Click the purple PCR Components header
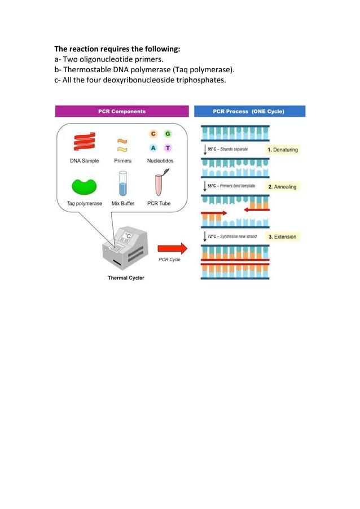click(x=122, y=112)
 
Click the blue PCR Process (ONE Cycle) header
click(x=249, y=112)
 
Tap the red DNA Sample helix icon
click(x=84, y=142)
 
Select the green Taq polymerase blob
click(x=84, y=186)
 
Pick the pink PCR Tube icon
click(x=160, y=184)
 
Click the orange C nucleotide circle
click(x=152, y=134)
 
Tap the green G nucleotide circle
click(x=168, y=134)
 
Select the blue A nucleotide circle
click(x=152, y=148)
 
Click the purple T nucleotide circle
click(x=168, y=148)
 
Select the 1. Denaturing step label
click(x=283, y=150)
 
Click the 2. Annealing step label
click(x=282, y=187)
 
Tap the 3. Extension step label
click(x=282, y=236)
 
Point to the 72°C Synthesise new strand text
click(x=231, y=236)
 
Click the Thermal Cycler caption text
click(x=126, y=278)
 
